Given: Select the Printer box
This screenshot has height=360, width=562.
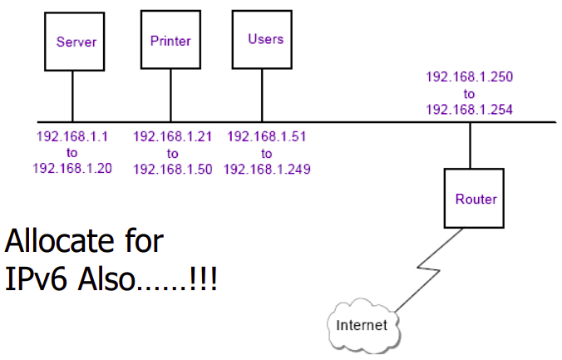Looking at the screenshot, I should [x=170, y=40].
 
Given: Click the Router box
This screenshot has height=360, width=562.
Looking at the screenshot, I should [x=475, y=199].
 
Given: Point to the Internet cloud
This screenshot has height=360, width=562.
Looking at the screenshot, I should [x=361, y=324].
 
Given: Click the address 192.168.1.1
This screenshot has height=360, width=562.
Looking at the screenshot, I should [x=71, y=136].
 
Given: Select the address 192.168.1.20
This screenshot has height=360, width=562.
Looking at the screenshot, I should [x=71, y=168].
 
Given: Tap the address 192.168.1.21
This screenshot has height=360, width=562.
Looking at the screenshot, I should [x=171, y=136].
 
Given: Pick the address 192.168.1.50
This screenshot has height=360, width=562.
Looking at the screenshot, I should [x=171, y=168].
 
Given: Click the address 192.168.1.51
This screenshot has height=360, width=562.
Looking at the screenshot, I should [x=266, y=136].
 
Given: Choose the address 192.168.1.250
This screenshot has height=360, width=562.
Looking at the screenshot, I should [x=470, y=76].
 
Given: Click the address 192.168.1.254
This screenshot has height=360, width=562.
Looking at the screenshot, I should [x=470, y=108].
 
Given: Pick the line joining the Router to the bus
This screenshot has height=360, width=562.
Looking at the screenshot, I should [x=471, y=145].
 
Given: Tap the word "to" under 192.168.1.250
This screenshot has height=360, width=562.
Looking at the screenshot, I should [x=470, y=92].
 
